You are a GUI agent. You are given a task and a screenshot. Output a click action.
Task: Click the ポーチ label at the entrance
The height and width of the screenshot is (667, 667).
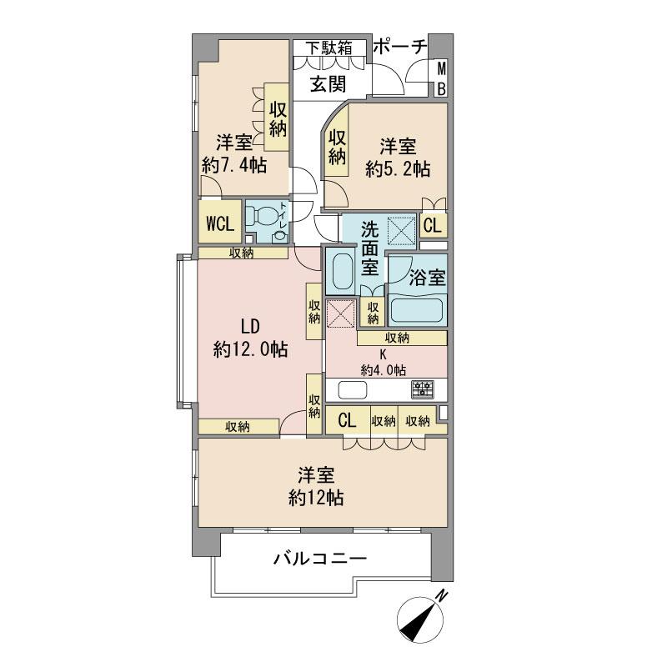[399, 48]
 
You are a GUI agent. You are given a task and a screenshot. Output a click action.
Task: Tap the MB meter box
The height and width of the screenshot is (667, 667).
[442, 79]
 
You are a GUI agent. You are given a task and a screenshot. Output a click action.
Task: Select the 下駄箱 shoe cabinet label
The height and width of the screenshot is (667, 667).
[328, 48]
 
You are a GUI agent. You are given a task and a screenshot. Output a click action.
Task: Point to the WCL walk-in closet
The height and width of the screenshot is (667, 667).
[219, 223]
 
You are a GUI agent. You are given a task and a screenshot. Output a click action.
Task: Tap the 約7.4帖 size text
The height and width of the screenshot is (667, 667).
[233, 164]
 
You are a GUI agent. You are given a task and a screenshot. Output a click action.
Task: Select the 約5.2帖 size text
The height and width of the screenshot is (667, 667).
[398, 168]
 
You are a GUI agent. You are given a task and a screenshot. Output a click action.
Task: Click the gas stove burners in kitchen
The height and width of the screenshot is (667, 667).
[422, 389]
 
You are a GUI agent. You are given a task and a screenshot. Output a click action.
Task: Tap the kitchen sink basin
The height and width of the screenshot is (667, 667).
[351, 390]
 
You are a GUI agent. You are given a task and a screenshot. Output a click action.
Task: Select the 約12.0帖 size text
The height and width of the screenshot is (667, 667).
[250, 349]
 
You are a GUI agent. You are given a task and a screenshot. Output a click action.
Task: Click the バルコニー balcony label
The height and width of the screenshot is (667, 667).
[320, 559]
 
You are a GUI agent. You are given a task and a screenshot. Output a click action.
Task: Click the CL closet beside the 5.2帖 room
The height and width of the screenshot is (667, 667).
[432, 225]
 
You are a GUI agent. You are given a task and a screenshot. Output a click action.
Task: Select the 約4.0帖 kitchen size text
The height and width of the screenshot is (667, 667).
[384, 369]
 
